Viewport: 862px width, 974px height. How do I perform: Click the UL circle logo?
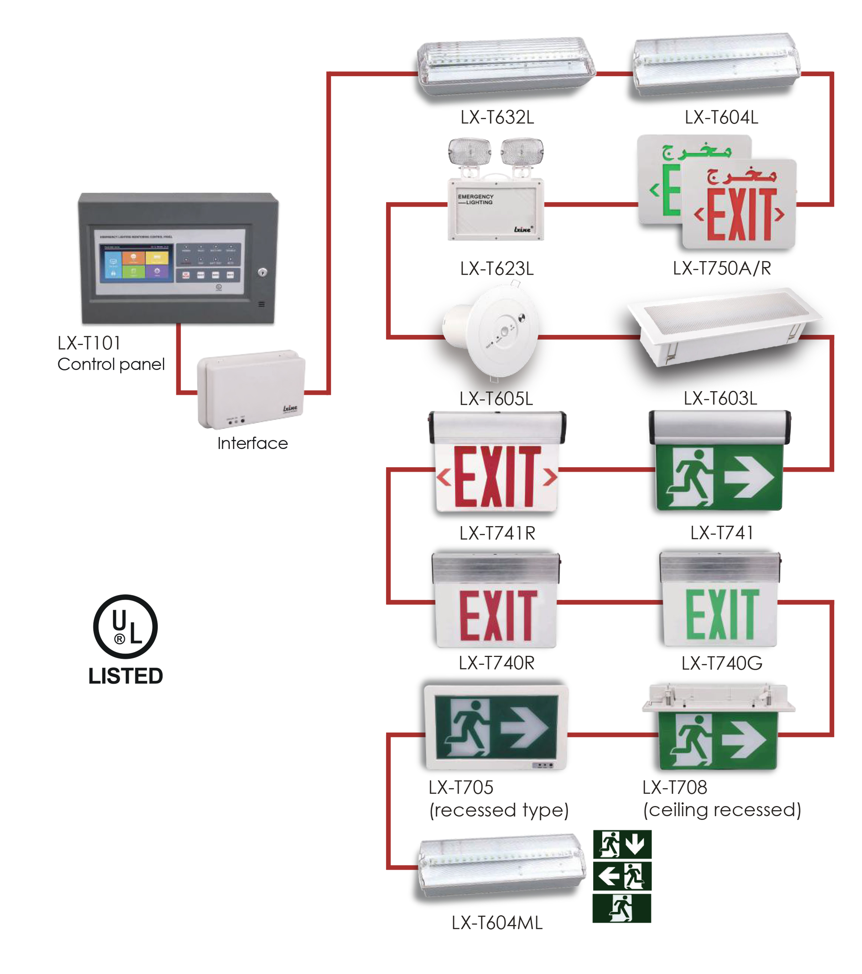(125, 626)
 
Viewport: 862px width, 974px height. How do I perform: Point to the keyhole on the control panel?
(262, 272)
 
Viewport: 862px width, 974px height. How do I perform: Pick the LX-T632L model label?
(497, 117)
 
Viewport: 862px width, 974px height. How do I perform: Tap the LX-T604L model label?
(721, 117)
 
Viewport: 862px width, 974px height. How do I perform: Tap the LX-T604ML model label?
(497, 923)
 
